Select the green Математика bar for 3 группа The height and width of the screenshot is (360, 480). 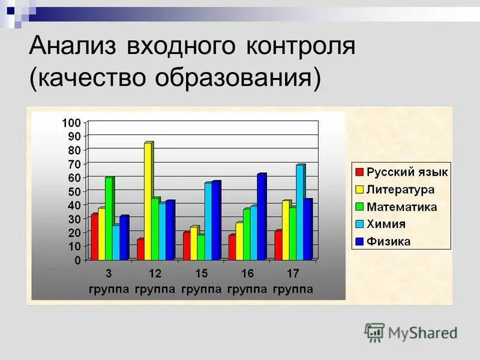(x=109, y=219)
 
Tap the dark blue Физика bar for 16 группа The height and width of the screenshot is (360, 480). (x=261, y=217)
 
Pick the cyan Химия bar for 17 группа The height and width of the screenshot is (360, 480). (x=299, y=212)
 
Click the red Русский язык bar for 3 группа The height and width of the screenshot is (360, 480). (x=94, y=237)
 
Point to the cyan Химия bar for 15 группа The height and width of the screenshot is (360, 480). (x=208, y=221)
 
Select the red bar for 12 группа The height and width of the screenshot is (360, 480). (x=140, y=250)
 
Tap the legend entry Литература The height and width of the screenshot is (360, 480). (x=400, y=190)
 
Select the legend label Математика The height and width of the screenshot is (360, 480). (x=402, y=207)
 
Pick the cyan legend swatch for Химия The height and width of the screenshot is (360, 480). (x=359, y=224)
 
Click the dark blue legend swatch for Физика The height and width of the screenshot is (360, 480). (x=359, y=242)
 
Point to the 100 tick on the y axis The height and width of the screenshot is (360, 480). (x=71, y=122)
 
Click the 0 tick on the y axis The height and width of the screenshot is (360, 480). (x=77, y=260)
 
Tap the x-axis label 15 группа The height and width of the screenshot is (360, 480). (x=201, y=281)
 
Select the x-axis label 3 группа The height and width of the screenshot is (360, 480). (x=109, y=281)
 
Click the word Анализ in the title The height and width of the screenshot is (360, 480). (x=71, y=47)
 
